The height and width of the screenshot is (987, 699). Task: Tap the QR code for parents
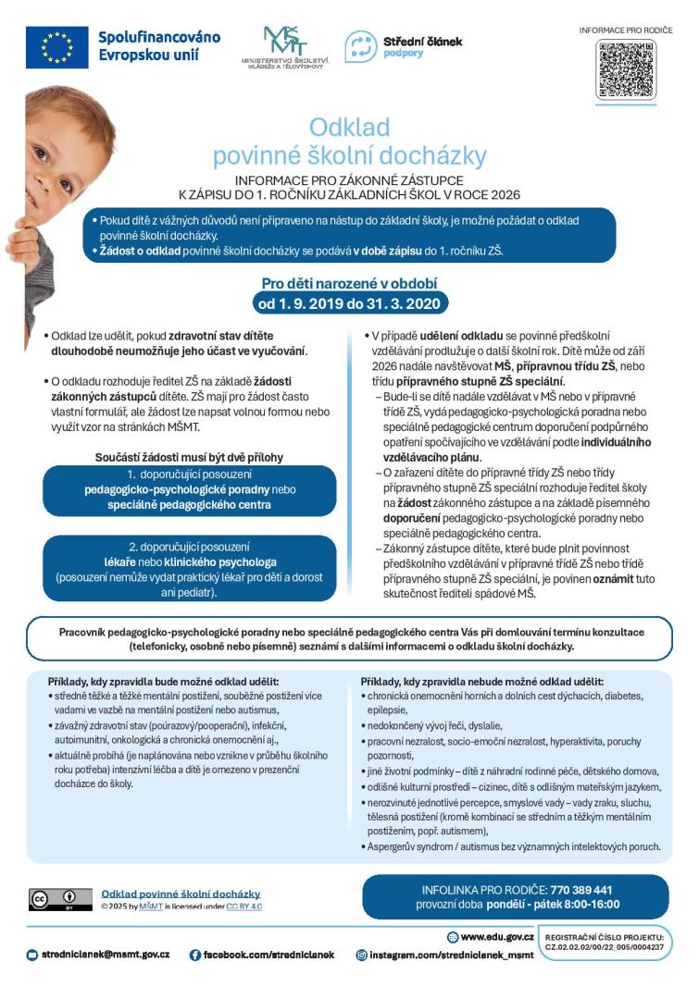click(625, 68)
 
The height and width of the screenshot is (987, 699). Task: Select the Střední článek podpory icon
click(360, 46)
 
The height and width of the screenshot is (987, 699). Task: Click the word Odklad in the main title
click(349, 126)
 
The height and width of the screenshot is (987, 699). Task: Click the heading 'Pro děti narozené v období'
click(349, 284)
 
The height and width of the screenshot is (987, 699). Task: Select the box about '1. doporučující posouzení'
click(189, 490)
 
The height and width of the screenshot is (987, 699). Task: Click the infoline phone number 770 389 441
click(581, 890)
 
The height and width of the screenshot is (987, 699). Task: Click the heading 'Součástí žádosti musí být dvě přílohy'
click(189, 457)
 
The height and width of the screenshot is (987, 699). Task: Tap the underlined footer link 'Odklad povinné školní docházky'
click(181, 894)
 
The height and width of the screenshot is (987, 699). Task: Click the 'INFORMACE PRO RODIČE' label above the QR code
click(625, 31)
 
